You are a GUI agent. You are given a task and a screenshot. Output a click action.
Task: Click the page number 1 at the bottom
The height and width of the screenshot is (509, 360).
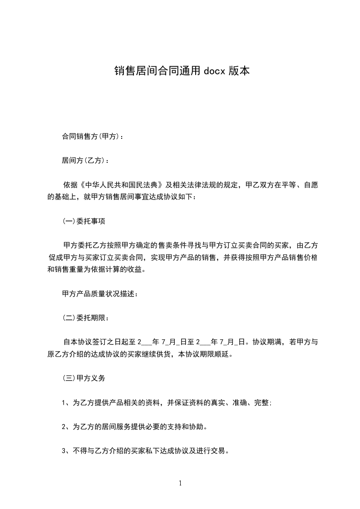180,483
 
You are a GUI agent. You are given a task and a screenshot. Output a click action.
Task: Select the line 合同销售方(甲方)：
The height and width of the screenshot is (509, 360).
92,136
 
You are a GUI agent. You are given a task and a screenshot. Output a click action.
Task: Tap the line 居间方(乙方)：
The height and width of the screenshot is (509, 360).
85,160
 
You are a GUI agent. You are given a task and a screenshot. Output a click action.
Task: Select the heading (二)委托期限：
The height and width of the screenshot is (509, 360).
85,318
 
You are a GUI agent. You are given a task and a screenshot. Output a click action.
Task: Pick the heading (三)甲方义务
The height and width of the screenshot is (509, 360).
84,378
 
